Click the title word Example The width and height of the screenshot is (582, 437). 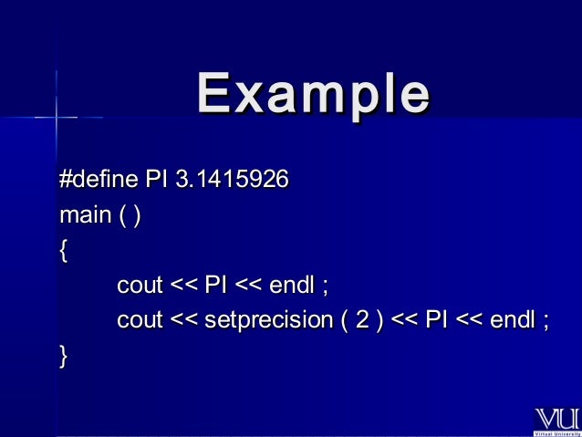pyautogui.click(x=312, y=94)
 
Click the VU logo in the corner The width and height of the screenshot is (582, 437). pyautogui.click(x=555, y=419)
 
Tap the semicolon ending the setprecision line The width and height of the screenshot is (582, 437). pyautogui.click(x=546, y=322)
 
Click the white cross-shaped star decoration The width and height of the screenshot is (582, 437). pyautogui.click(x=57, y=117)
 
